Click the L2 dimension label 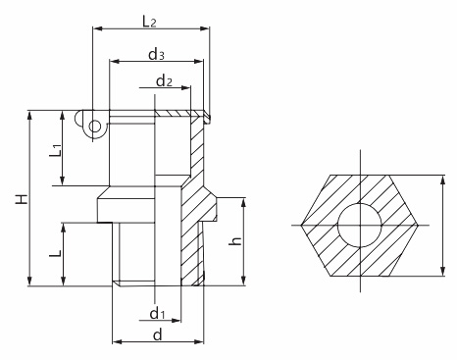pyautogui.click(x=149, y=22)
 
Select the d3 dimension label pyautogui.click(x=156, y=54)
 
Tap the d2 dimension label pyautogui.click(x=164, y=80)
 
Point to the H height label pyautogui.click(x=22, y=199)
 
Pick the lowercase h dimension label pyautogui.click(x=235, y=240)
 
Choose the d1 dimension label pyautogui.click(x=157, y=313)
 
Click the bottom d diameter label pyautogui.click(x=158, y=334)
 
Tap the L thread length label pyautogui.click(x=55, y=253)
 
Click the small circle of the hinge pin pyautogui.click(x=95, y=127)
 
